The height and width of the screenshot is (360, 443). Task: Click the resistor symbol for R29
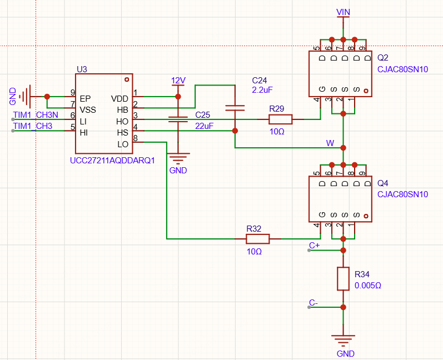coord(280,119)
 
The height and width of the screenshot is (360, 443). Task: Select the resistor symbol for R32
coord(258,239)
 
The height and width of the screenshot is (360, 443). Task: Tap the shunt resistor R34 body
coord(344,279)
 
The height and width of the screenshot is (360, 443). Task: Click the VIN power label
coord(344,12)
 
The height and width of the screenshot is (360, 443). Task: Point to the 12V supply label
coord(178,81)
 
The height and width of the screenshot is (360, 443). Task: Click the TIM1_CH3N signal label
coord(36,115)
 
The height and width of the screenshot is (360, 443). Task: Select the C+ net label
coord(314,246)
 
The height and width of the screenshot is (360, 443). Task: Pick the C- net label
coord(313,303)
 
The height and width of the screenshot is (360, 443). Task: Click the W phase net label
coord(330,143)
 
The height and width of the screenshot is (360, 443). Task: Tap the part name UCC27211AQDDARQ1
coord(112,161)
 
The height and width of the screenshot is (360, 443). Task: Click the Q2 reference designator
coord(383,58)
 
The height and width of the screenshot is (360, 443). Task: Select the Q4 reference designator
coord(383,183)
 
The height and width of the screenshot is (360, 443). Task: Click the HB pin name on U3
coord(123,110)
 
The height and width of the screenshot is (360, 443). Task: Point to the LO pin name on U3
coord(123,144)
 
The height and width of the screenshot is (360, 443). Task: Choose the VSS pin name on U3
coord(88,110)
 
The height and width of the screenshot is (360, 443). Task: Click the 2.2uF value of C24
coord(262,90)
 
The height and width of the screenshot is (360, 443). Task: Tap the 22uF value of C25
coord(204,126)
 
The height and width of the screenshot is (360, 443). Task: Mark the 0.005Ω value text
coord(368,286)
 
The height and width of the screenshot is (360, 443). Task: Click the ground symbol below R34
coord(344,341)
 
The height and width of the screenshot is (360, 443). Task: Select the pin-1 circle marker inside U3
coord(127,79)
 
